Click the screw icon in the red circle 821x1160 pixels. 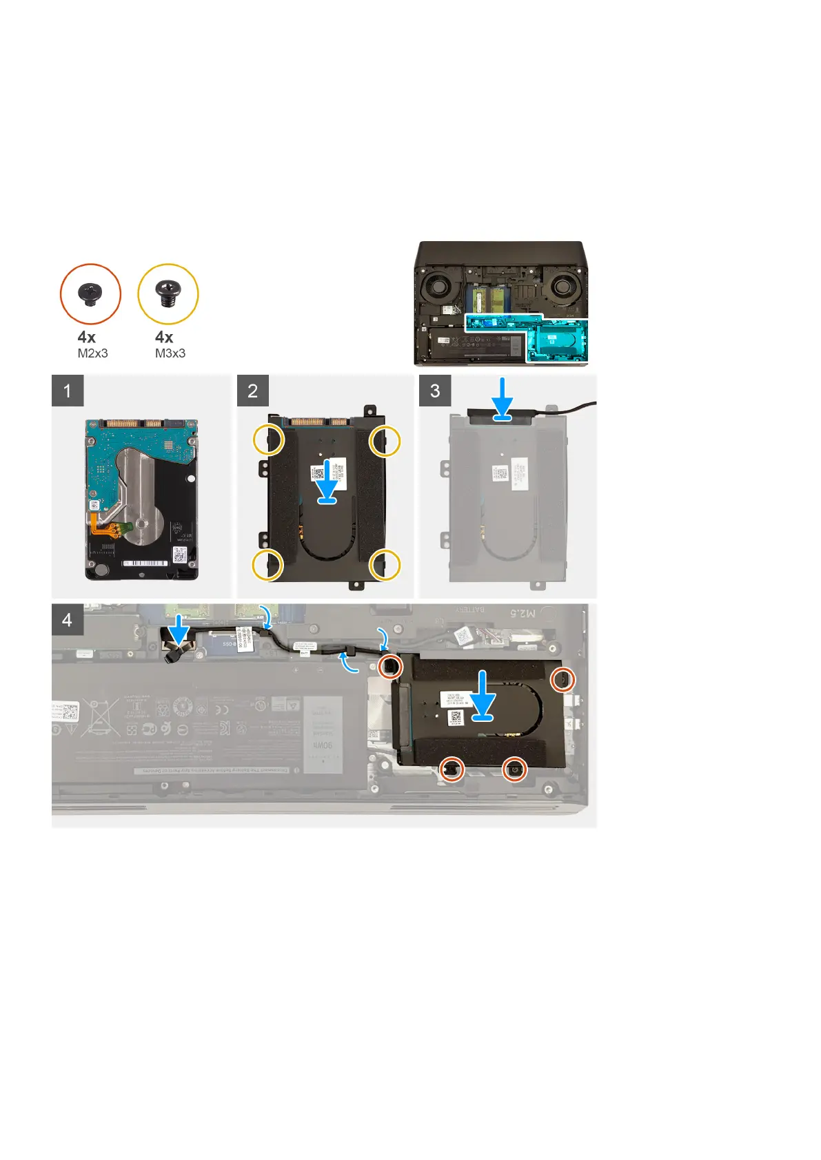(x=90, y=293)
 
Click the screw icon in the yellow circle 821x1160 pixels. (x=168, y=293)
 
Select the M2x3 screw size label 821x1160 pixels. (x=92, y=353)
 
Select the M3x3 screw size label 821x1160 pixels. (x=170, y=353)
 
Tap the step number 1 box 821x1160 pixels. (x=68, y=391)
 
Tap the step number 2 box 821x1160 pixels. (x=253, y=391)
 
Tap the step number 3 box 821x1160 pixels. (x=435, y=391)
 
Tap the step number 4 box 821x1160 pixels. (x=68, y=619)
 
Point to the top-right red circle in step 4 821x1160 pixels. (x=562, y=681)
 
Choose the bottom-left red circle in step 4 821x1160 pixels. (x=452, y=768)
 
